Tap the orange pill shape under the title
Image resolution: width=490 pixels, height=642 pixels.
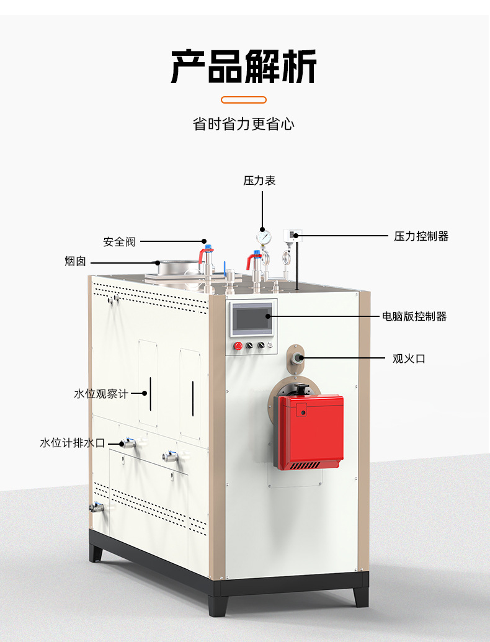tap(244, 99)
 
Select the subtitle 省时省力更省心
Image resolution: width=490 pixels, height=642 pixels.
tap(244, 124)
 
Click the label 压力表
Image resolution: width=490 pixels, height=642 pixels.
tap(259, 181)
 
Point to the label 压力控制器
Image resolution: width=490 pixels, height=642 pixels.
tap(421, 236)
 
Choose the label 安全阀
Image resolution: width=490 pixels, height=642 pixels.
tap(119, 242)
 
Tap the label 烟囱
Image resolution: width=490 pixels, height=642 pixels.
tap(76, 262)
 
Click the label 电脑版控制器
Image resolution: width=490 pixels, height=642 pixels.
tap(414, 316)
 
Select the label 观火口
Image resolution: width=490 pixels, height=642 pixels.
tap(409, 358)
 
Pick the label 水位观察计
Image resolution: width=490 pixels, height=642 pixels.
tap(100, 393)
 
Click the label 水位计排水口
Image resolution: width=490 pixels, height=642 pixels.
tap(73, 443)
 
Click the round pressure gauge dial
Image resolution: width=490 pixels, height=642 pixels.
tap(264, 236)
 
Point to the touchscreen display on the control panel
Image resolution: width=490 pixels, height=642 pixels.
tap(252, 319)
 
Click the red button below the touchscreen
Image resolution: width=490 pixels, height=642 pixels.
tap(237, 346)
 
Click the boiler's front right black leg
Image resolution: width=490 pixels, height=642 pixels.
tap(361, 596)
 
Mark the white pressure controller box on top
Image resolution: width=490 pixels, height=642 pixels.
tap(292, 234)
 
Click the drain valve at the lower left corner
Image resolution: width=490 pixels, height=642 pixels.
tap(96, 507)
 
